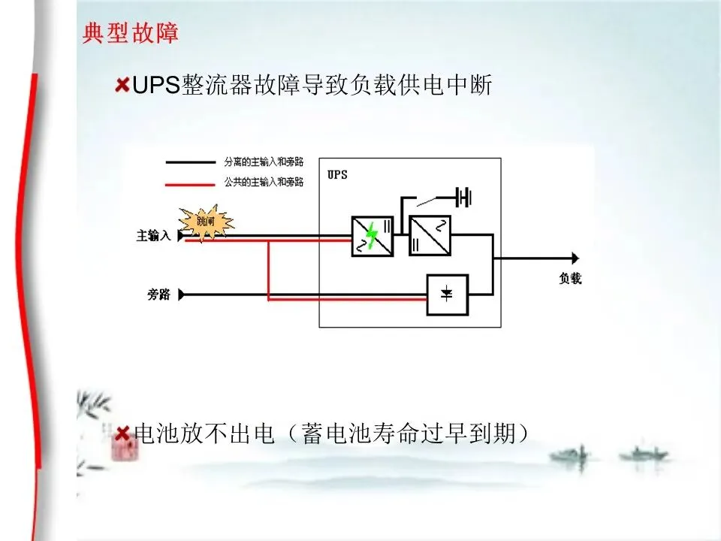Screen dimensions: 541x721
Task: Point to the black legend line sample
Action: point(190,162)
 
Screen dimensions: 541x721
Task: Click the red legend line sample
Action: point(190,183)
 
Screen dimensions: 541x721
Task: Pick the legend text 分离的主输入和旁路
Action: point(264,162)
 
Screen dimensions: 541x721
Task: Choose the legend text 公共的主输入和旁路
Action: point(264,183)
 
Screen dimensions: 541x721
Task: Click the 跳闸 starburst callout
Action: point(205,221)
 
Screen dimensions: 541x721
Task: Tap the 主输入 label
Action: point(152,236)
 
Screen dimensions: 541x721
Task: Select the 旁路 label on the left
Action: point(158,295)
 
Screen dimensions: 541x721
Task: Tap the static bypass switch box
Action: point(447,295)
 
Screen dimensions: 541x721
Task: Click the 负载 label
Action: point(571,278)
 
